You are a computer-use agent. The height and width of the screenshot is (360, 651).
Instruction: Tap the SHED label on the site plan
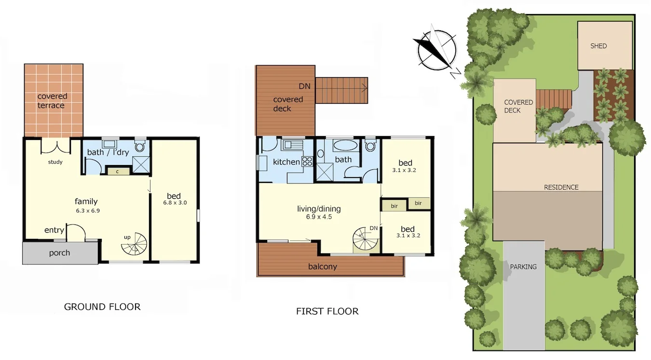(598, 46)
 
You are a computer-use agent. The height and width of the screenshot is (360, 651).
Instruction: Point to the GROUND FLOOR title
(102, 306)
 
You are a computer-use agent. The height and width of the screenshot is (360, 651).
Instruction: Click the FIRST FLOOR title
(327, 311)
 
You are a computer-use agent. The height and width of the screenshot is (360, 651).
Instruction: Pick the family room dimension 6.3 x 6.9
(87, 211)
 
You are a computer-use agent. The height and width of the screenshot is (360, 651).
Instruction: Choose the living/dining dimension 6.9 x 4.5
(318, 217)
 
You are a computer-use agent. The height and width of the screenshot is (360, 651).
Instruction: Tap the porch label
(59, 253)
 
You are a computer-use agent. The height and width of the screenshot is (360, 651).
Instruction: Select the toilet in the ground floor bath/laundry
(140, 146)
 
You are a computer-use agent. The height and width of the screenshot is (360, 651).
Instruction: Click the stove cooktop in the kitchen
(307, 162)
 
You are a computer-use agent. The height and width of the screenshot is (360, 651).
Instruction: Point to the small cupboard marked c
(117, 170)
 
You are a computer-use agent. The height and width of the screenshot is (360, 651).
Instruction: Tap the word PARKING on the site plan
(523, 266)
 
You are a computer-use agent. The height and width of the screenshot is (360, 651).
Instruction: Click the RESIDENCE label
(561, 187)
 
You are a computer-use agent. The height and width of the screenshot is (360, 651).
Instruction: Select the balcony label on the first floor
(323, 266)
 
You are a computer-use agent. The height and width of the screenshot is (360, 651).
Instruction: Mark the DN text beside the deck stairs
(304, 86)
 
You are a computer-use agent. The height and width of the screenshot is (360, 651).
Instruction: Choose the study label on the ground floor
(55, 162)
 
